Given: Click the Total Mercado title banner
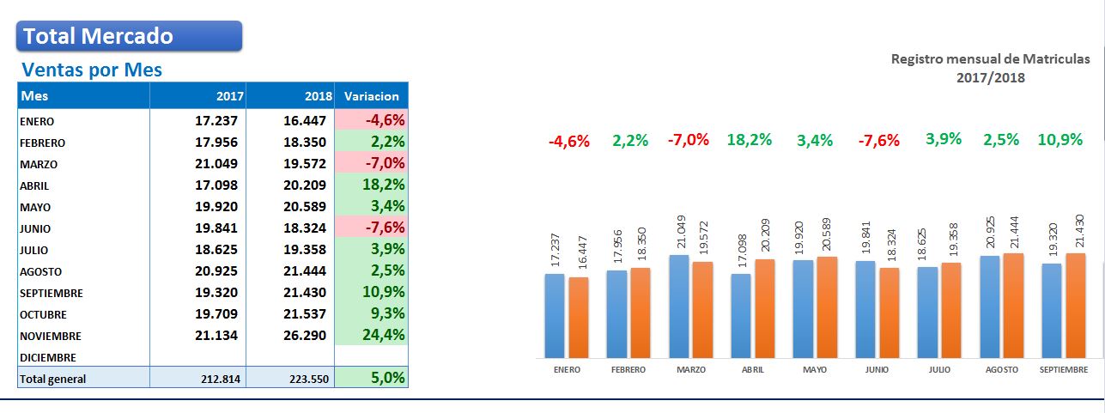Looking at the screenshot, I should click(x=129, y=36).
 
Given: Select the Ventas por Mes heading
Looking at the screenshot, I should click(x=92, y=70).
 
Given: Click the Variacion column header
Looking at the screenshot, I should click(x=371, y=95).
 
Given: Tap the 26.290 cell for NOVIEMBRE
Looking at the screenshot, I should click(x=307, y=336).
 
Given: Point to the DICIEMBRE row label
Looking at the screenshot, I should click(x=48, y=357).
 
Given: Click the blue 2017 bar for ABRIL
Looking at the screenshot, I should click(x=741, y=315).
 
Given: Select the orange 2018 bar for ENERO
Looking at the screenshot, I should click(x=579, y=317).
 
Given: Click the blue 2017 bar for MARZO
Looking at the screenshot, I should click(x=678, y=306).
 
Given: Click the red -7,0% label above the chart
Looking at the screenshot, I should click(x=689, y=140).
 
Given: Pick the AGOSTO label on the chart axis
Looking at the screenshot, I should click(x=1001, y=369).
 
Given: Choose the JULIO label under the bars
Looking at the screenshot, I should click(x=939, y=369).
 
